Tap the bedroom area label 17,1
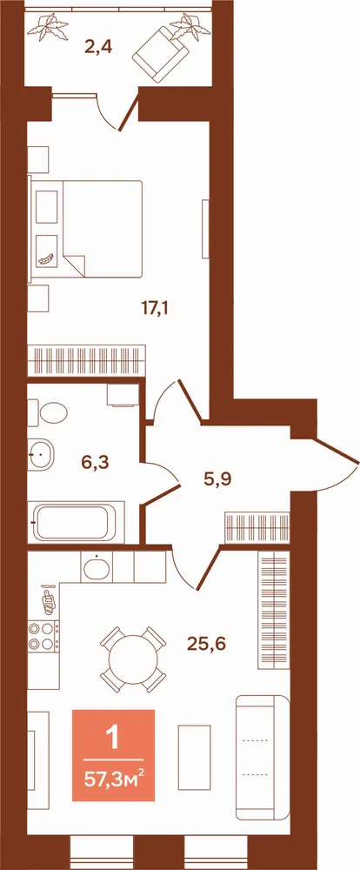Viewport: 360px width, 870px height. click(x=155, y=308)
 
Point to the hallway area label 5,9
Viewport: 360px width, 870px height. click(x=217, y=478)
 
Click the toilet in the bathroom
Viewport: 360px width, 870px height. click(x=48, y=412)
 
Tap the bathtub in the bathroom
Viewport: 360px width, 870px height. click(x=77, y=523)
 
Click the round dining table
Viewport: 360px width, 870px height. click(x=133, y=659)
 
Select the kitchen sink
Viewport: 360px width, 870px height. click(x=97, y=567)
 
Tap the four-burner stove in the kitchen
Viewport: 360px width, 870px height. click(x=43, y=637)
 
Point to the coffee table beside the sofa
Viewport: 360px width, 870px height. click(x=194, y=757)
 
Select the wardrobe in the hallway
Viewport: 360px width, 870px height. click(x=257, y=528)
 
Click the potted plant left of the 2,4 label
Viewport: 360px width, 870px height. click(x=51, y=27)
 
